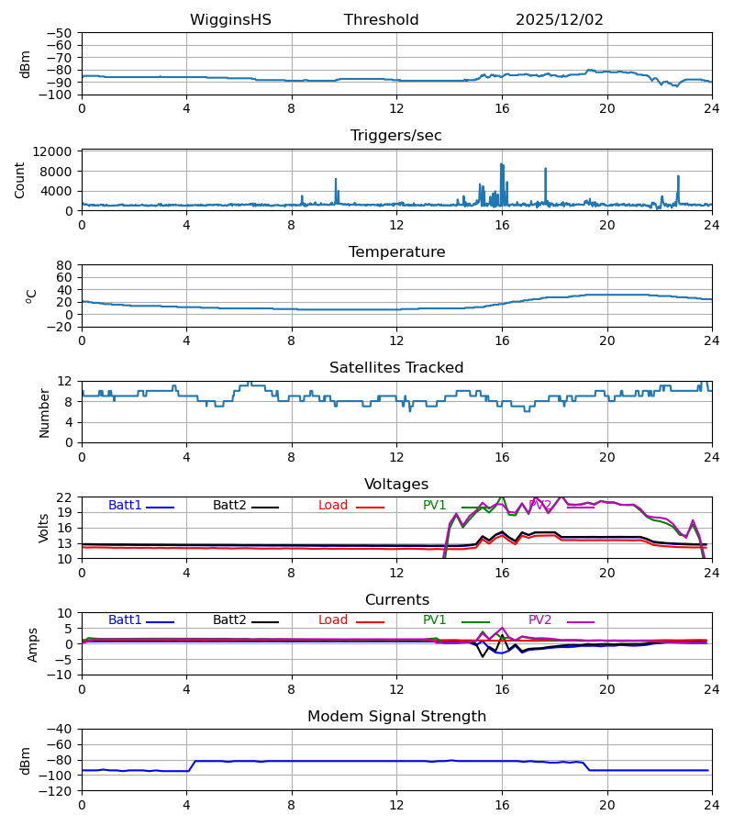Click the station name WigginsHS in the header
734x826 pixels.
(230, 20)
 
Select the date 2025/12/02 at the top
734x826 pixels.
(559, 20)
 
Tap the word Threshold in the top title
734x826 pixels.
(381, 20)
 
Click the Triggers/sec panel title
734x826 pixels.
(395, 136)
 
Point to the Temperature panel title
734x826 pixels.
(396, 252)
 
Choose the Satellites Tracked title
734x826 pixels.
(396, 368)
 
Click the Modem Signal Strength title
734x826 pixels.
(396, 717)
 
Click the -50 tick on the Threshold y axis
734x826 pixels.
(61, 33)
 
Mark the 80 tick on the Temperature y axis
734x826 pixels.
(65, 265)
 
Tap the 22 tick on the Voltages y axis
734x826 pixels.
(65, 497)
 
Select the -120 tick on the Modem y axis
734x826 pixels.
(57, 791)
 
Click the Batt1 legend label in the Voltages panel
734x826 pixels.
(125, 506)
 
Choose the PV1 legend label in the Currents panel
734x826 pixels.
(434, 620)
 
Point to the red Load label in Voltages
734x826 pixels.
(333, 506)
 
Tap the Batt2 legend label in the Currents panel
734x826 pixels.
(229, 620)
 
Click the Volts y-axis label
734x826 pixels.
(45, 528)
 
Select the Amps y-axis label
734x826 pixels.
(35, 644)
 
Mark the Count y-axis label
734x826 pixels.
(21, 180)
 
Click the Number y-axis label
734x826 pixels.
(45, 412)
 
